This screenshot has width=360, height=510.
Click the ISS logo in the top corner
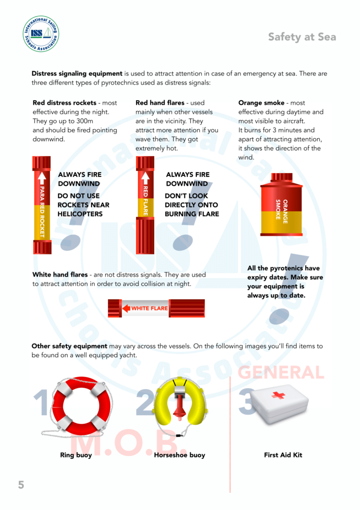click(41, 33)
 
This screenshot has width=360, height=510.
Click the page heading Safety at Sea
click(302, 37)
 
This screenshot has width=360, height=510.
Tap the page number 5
click(21, 485)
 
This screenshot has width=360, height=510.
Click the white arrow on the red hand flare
click(145, 177)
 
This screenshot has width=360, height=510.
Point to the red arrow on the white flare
click(126, 308)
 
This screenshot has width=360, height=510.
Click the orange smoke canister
click(282, 204)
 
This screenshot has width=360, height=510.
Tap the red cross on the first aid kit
click(278, 395)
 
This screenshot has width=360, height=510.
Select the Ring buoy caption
click(76, 455)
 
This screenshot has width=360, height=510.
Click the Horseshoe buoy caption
click(180, 455)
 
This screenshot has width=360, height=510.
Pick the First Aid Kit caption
click(283, 455)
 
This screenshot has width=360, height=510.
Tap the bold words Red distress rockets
click(64, 103)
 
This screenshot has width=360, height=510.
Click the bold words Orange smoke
click(261, 103)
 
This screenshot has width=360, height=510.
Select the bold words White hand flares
click(60, 275)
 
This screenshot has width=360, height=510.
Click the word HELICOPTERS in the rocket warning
click(80, 214)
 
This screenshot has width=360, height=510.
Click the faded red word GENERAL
click(281, 372)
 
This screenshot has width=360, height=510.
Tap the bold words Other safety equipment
click(69, 346)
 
